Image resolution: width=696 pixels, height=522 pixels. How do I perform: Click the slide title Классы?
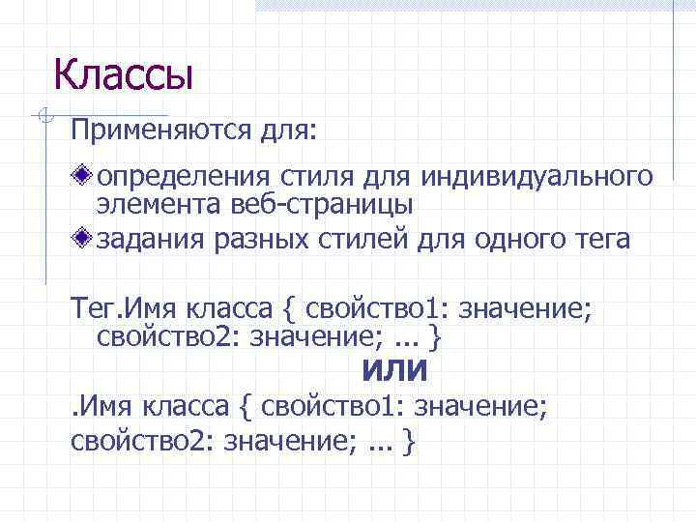click(x=123, y=73)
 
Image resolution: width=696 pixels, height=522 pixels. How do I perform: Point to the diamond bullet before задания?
click(x=86, y=239)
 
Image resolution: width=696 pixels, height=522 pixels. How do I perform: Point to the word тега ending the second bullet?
click(x=602, y=240)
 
